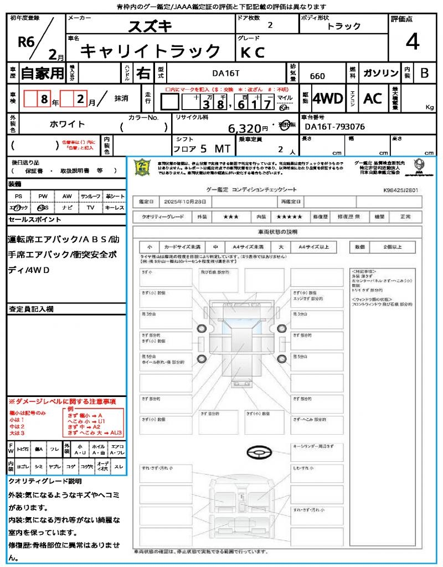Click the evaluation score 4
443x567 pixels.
pos(412,42)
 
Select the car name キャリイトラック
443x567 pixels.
pos(151,51)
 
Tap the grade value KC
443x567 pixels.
pos(253,52)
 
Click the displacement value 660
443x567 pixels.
pos(317,76)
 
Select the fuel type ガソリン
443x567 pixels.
pos(380,73)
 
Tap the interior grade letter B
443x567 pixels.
pos(424,73)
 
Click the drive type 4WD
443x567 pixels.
pos(327,99)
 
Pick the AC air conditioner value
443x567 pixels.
pos(373,99)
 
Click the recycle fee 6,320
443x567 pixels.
pos(249,128)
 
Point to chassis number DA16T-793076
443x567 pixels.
pos(335,127)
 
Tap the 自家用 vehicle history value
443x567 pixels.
pos(43,73)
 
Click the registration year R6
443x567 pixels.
pos(26,43)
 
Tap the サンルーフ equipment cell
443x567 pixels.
pos(91,196)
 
